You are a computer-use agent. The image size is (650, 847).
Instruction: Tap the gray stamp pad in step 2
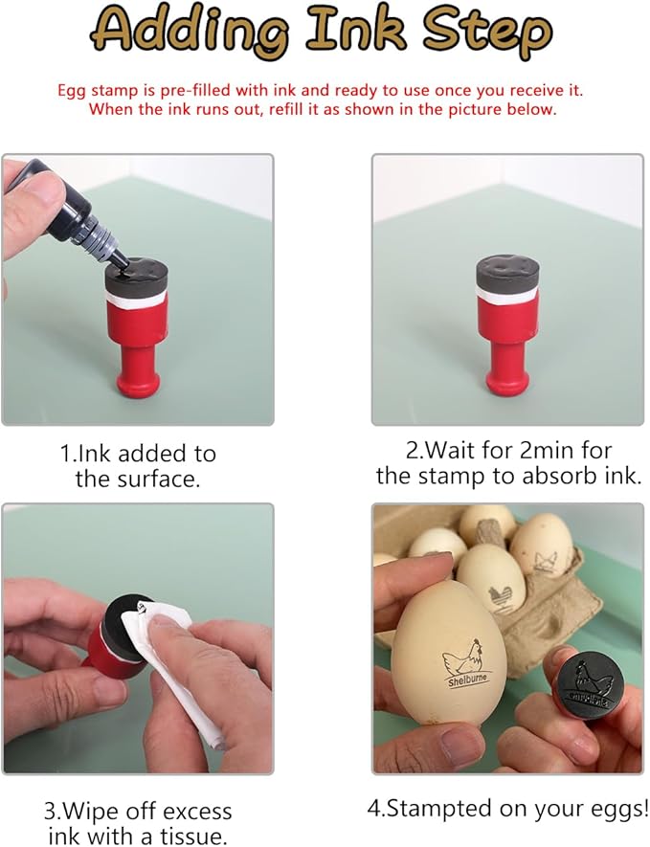click(x=508, y=274)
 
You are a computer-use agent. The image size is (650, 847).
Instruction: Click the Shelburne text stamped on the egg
click(x=468, y=680)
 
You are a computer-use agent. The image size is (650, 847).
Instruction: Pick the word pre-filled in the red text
click(x=194, y=90)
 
